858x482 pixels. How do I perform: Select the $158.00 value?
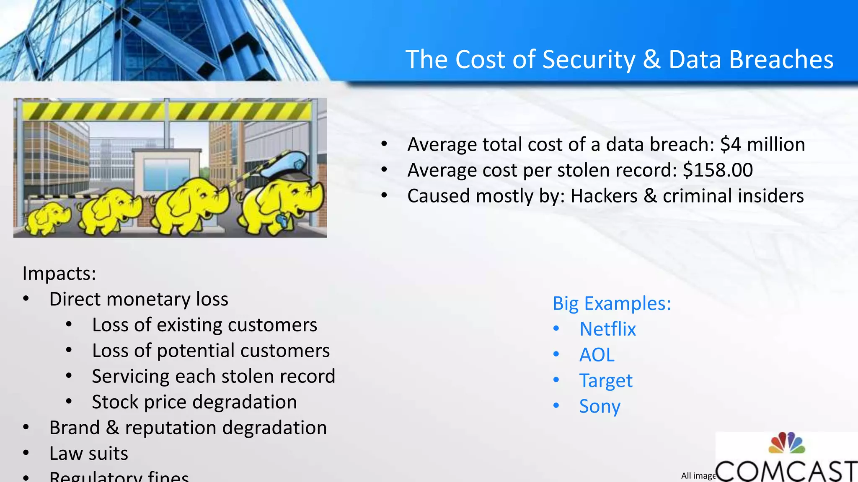click(x=718, y=170)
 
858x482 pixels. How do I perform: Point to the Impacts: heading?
click(x=59, y=274)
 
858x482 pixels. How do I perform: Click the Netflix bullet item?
click(x=607, y=329)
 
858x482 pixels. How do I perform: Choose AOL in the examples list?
click(x=597, y=355)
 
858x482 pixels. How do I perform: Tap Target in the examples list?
click(x=606, y=381)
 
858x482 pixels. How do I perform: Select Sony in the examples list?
click(x=600, y=406)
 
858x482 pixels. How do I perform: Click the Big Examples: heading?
click(x=612, y=303)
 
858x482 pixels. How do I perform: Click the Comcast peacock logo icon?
click(x=786, y=444)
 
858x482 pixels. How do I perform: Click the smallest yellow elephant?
click(x=47, y=218)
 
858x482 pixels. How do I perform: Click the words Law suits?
click(x=88, y=454)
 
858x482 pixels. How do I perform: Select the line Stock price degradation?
click(x=194, y=402)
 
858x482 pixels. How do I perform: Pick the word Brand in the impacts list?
click(x=74, y=428)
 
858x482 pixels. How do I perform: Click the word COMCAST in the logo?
click(x=786, y=471)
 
